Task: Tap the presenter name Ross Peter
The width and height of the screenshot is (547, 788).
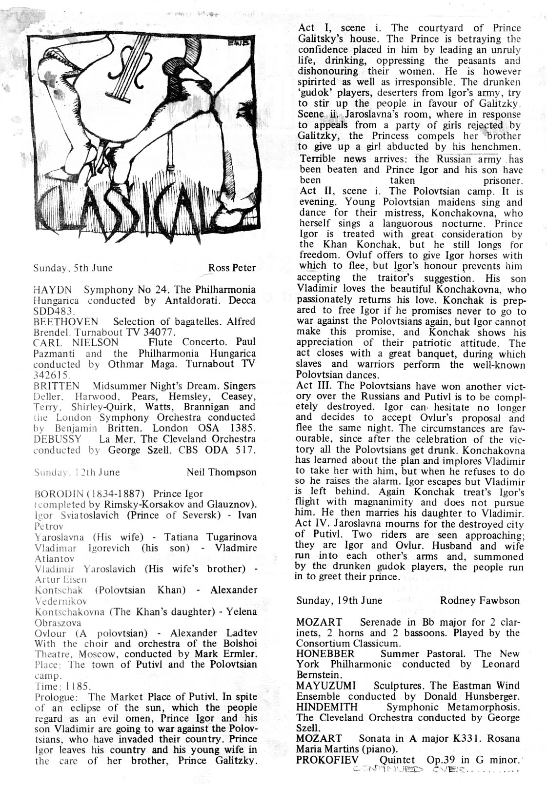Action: click(x=232, y=268)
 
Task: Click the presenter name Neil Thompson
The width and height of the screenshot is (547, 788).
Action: click(x=221, y=472)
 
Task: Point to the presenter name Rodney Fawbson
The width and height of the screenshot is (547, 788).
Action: click(x=480, y=600)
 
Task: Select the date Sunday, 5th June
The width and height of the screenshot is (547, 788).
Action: click(x=73, y=268)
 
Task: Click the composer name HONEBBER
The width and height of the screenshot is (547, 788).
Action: click(x=325, y=653)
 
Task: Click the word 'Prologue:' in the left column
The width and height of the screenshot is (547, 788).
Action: click(x=53, y=697)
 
